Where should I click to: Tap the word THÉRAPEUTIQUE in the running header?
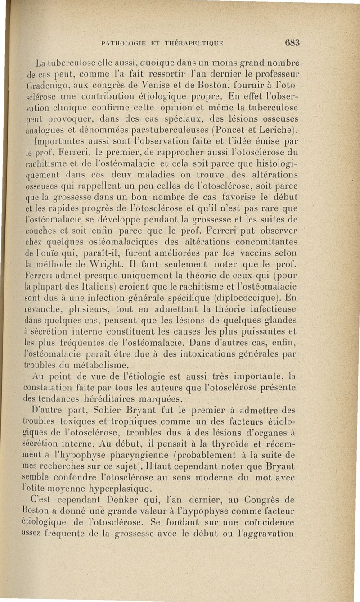195,44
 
